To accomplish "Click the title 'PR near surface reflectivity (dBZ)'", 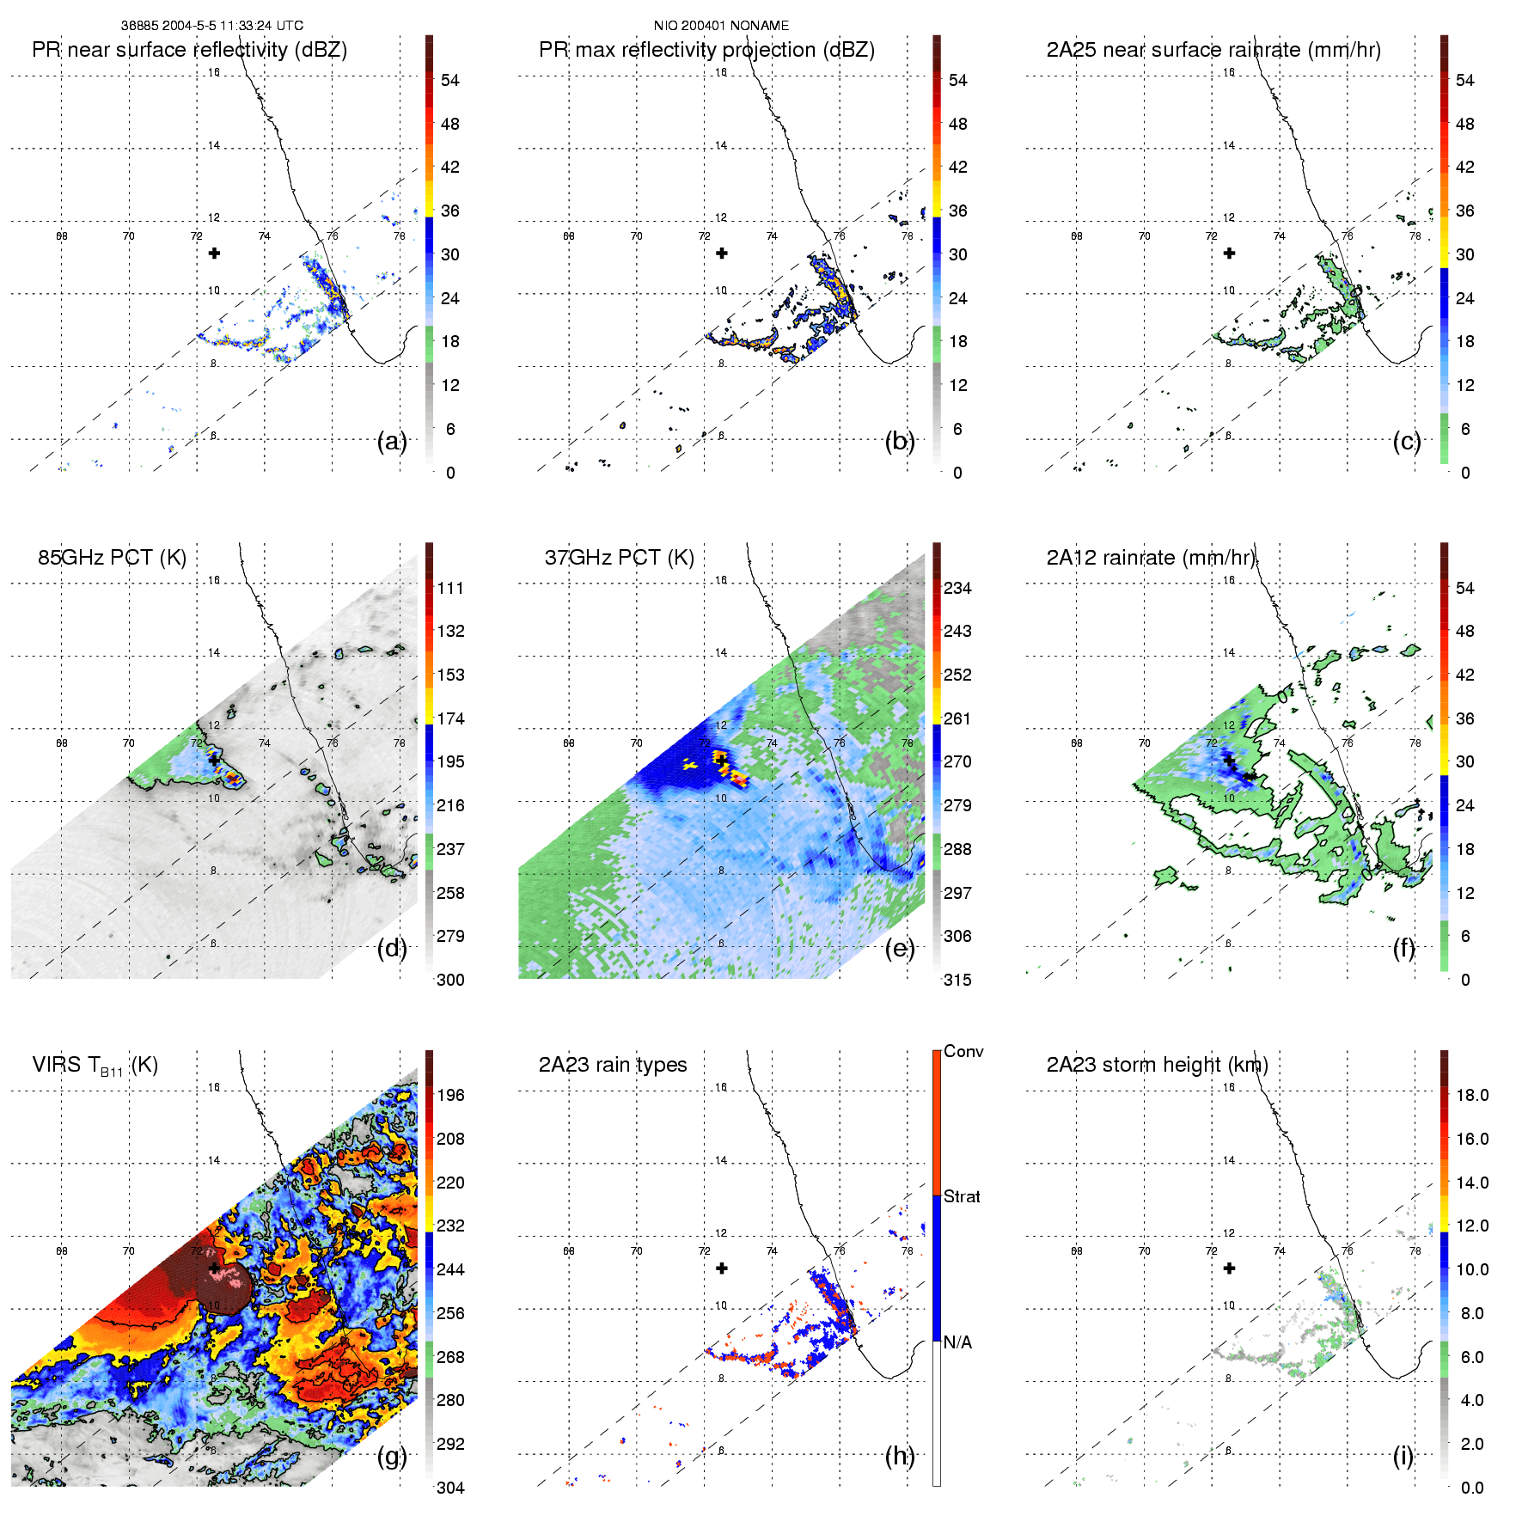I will click(x=189, y=50).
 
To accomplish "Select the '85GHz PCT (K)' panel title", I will click(x=112, y=558).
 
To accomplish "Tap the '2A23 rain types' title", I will click(x=612, y=1065).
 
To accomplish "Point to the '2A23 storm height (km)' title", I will click(x=1157, y=1065).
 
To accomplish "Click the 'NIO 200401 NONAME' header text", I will click(x=721, y=26).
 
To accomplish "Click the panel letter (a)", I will click(x=392, y=442).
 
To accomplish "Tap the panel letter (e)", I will click(x=900, y=949).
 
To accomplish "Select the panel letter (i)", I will click(x=1403, y=1456).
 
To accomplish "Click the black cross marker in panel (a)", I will click(x=214, y=254).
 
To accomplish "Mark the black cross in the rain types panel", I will click(x=722, y=1268).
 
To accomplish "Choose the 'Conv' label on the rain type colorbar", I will click(x=963, y=1052).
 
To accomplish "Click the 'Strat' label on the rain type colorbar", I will click(x=962, y=1197).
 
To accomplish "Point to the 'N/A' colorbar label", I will click(x=957, y=1342).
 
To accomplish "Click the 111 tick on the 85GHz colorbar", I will click(x=450, y=589).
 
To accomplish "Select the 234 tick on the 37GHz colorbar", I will click(x=957, y=589).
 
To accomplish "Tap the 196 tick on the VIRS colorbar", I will click(x=450, y=1096).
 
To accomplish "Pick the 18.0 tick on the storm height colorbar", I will click(x=1472, y=1096).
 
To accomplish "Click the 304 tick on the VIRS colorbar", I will click(x=450, y=1488).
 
